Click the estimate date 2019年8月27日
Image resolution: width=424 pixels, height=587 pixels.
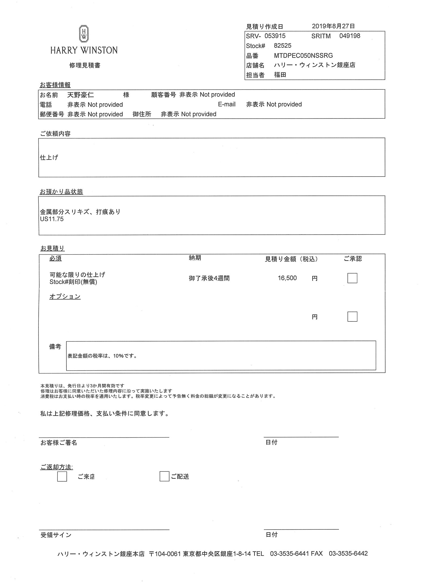pos(333,26)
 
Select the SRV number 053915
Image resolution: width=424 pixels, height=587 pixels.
pos(275,36)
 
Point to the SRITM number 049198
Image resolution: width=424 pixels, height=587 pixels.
pos(350,36)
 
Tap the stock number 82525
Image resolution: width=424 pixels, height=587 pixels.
pos(282,45)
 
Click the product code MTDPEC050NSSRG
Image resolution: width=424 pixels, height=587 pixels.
pos(303,55)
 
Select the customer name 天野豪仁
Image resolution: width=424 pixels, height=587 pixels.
pos(81,95)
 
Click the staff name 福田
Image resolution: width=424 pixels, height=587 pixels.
pos(280,75)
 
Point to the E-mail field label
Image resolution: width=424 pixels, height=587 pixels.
pos(226,104)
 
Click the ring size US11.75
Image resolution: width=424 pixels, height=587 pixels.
pos(52,219)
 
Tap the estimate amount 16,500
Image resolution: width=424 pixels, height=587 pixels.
pos(287,278)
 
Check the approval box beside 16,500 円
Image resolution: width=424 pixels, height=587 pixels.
pos(352,278)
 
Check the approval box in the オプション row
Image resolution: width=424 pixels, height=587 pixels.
pos(352,317)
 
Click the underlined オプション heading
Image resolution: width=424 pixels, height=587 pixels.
pos(65,296)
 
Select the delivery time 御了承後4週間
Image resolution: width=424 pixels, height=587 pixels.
pos(209,278)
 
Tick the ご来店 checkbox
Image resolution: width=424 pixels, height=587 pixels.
pos(62,477)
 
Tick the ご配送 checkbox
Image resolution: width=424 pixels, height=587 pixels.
pos(164,477)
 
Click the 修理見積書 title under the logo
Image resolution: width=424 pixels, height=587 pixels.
pos(85,65)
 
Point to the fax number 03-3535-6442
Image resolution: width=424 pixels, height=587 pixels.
pos(348,553)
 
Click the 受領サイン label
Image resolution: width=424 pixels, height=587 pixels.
pos(56,535)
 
